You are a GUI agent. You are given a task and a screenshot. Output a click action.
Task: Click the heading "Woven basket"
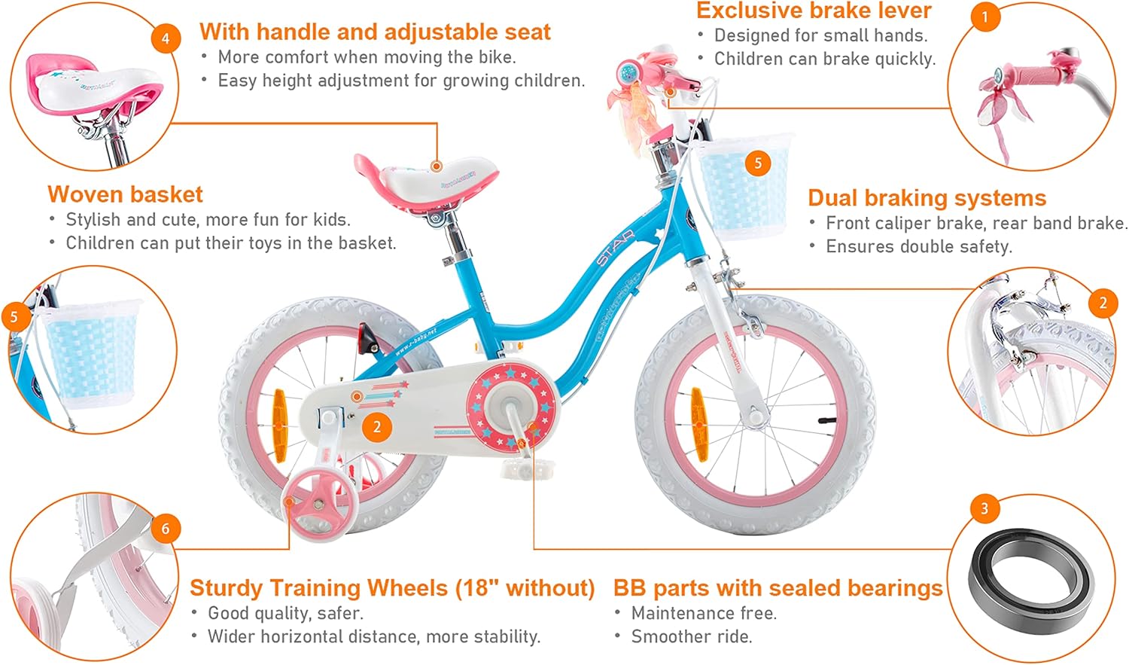click(x=125, y=194)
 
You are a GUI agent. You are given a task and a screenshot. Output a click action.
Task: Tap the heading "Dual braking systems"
click(x=927, y=197)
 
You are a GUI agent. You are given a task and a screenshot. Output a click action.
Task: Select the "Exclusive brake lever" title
click(x=814, y=11)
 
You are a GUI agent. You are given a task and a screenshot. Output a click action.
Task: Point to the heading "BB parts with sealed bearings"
click(x=778, y=587)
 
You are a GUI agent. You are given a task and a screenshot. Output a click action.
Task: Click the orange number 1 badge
click(x=984, y=17)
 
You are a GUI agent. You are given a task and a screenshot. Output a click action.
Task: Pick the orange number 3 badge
click(x=984, y=508)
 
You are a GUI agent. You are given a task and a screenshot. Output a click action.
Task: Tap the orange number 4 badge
click(x=166, y=38)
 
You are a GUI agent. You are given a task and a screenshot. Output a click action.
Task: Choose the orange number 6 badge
click(x=166, y=529)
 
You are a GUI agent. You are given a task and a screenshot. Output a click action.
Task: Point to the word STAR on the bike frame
click(x=615, y=248)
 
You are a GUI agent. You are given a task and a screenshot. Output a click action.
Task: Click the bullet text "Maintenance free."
click(x=704, y=613)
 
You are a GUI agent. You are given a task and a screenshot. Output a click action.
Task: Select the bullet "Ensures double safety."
click(x=918, y=246)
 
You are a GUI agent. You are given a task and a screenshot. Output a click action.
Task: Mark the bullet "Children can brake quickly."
click(x=824, y=59)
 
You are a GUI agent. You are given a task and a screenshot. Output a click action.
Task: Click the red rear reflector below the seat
click(x=367, y=338)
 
